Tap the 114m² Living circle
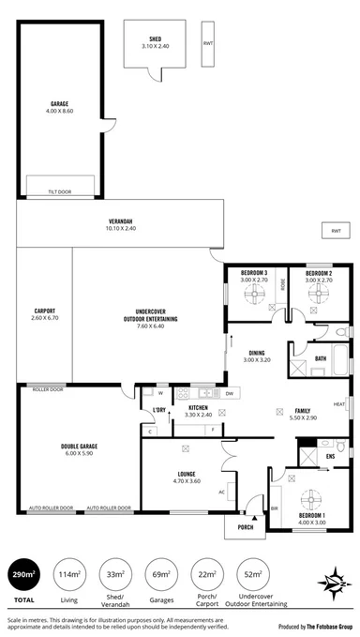[x=67, y=574]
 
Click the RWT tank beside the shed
[x=207, y=44]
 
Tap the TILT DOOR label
[x=60, y=190]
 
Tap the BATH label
[x=320, y=357]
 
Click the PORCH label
[x=245, y=526]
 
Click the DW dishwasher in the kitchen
[x=230, y=393]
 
